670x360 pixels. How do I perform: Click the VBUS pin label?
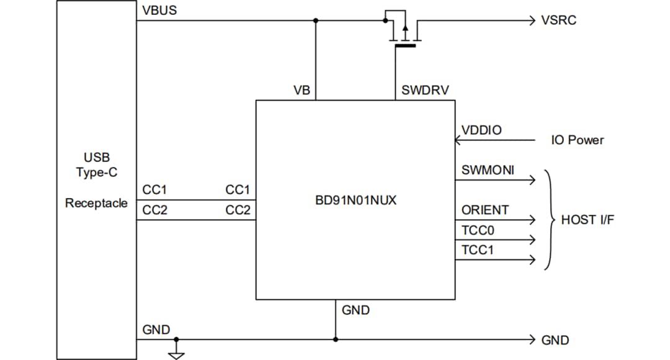(x=160, y=11)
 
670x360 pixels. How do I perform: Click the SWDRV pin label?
(x=425, y=91)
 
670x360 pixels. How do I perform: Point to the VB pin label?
(x=301, y=91)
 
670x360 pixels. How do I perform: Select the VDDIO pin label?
(x=481, y=130)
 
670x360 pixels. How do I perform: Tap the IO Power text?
(x=577, y=140)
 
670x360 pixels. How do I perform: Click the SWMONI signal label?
(x=488, y=170)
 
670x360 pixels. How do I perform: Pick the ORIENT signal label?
(x=485, y=210)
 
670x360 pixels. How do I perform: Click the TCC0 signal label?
(x=478, y=230)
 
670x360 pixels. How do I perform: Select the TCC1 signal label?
(x=478, y=250)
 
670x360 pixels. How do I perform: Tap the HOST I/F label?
(x=587, y=220)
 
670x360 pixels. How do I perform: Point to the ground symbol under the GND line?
(x=177, y=354)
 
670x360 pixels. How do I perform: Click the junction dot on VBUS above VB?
(x=316, y=20)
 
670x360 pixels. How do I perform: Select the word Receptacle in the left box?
(x=96, y=203)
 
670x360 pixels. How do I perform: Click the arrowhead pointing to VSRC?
(x=530, y=20)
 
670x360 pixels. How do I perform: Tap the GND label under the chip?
(x=355, y=310)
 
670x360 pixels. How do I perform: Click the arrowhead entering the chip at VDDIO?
(x=458, y=140)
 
